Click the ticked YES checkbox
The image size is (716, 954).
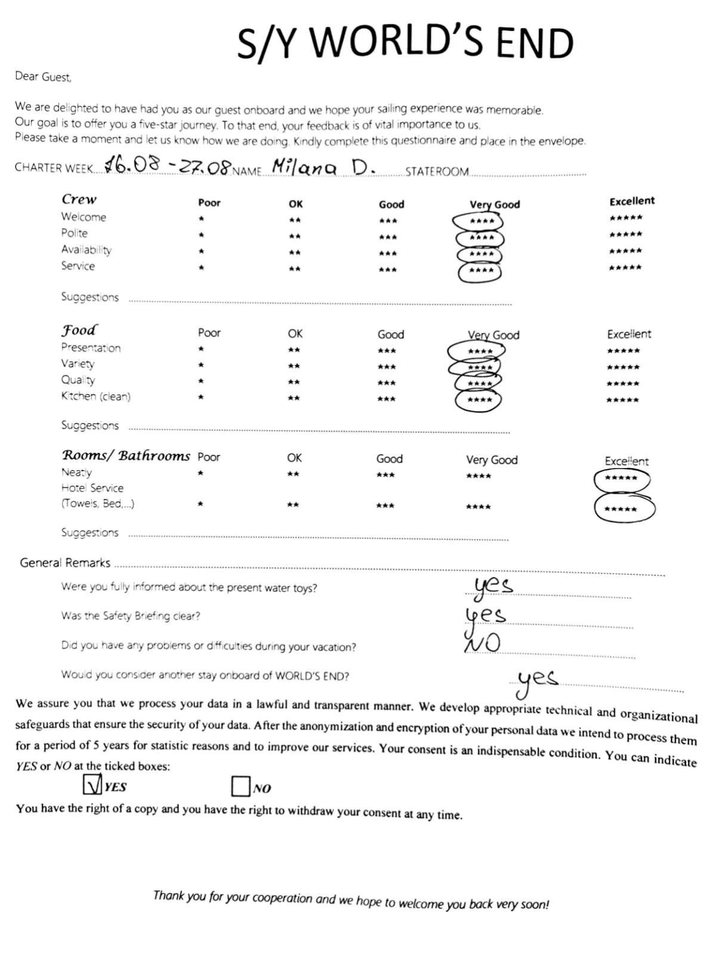(92, 784)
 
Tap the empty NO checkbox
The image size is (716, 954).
(240, 786)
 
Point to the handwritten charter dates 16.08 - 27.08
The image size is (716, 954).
(167, 165)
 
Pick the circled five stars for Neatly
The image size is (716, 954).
(621, 479)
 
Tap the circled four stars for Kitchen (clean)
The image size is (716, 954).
(479, 400)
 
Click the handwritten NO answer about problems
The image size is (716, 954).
(482, 643)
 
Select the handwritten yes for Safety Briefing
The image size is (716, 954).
(484, 615)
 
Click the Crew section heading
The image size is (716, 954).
(79, 199)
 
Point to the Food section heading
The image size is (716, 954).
(79, 330)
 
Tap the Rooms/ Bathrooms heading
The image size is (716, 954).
(126, 456)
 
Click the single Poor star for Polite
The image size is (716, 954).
(202, 236)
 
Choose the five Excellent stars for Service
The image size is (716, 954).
(625, 267)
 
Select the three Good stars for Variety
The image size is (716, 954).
(387, 367)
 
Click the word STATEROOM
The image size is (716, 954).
(437, 171)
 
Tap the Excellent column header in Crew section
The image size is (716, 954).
(631, 201)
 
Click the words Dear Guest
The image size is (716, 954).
(43, 76)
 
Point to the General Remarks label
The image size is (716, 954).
(65, 562)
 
